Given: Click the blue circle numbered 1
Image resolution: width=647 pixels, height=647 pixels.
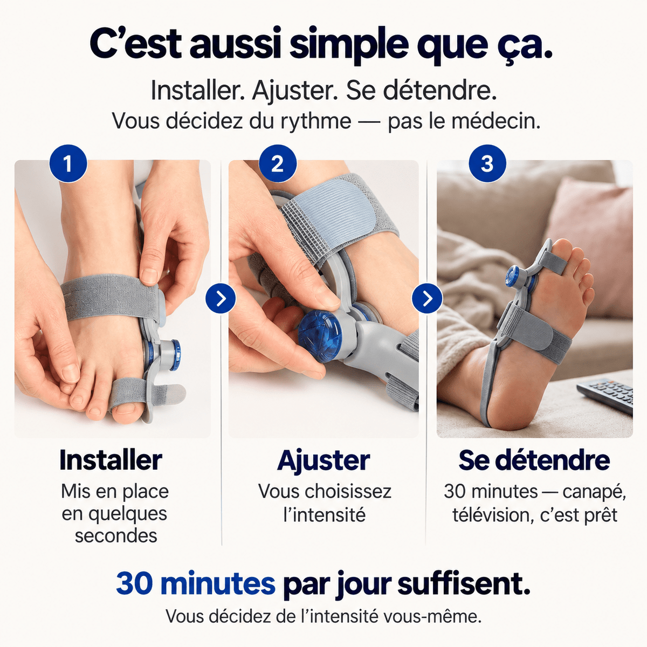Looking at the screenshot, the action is [68, 163].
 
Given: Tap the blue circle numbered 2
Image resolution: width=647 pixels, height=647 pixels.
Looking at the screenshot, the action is [277, 163].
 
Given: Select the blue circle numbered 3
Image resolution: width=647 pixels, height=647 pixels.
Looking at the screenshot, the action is [487, 163].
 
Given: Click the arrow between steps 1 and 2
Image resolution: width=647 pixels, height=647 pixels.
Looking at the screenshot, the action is [221, 298].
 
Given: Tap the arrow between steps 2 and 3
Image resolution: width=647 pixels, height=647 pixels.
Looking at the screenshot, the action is [427, 298].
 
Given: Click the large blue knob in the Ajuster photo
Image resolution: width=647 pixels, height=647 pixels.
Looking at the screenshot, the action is [320, 336].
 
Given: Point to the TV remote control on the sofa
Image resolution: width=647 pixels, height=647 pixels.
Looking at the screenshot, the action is [605, 395].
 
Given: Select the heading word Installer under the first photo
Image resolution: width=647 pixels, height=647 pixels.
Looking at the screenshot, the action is [111, 460].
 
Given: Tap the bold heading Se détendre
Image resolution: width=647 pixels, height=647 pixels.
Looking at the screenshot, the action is [534, 460].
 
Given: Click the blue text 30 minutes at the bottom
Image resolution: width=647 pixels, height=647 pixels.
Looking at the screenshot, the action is [195, 584].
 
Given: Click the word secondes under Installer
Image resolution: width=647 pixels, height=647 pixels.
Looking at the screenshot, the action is [116, 535].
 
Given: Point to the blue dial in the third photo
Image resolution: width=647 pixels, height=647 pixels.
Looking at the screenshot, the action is [513, 276].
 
